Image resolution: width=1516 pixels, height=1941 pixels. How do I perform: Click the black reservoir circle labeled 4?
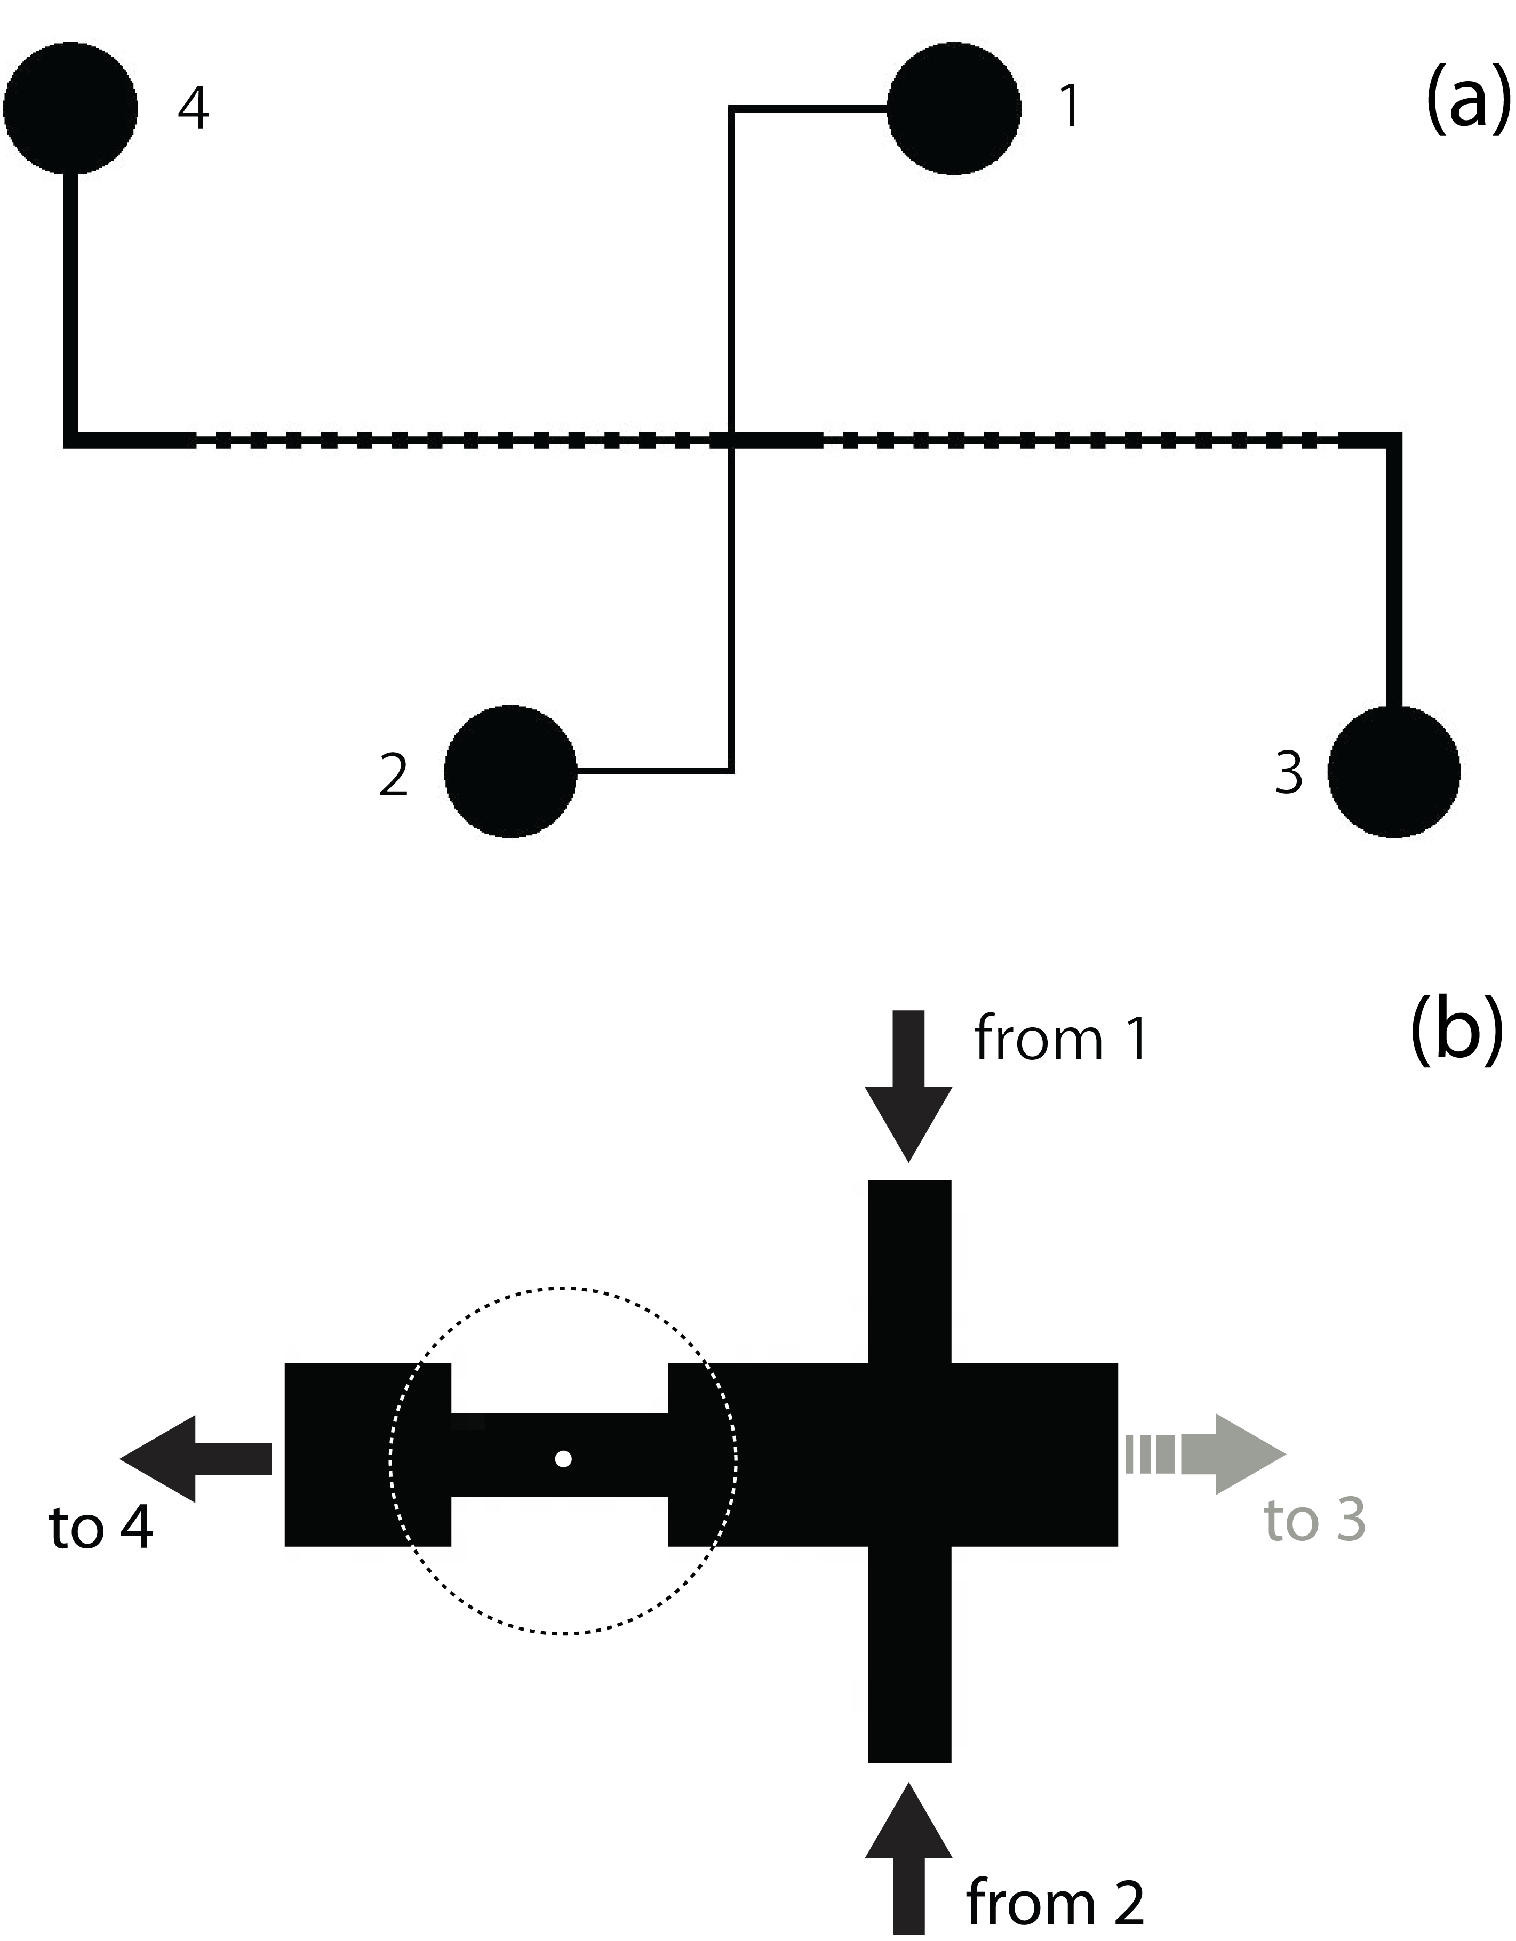point(71,108)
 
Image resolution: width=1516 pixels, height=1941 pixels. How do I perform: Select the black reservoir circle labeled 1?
point(953,108)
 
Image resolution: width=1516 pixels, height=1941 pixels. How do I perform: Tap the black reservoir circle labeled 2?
point(510,771)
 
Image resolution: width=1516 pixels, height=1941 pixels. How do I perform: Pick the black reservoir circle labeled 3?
point(1393,771)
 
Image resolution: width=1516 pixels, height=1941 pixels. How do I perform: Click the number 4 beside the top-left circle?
point(194,108)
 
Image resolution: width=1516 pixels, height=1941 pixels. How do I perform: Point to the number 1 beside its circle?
point(1070,107)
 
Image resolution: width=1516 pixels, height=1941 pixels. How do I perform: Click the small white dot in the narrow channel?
point(563,1458)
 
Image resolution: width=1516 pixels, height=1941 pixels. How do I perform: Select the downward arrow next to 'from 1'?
point(908,1086)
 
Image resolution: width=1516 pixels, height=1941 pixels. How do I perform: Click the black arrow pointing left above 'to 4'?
point(195,1458)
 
